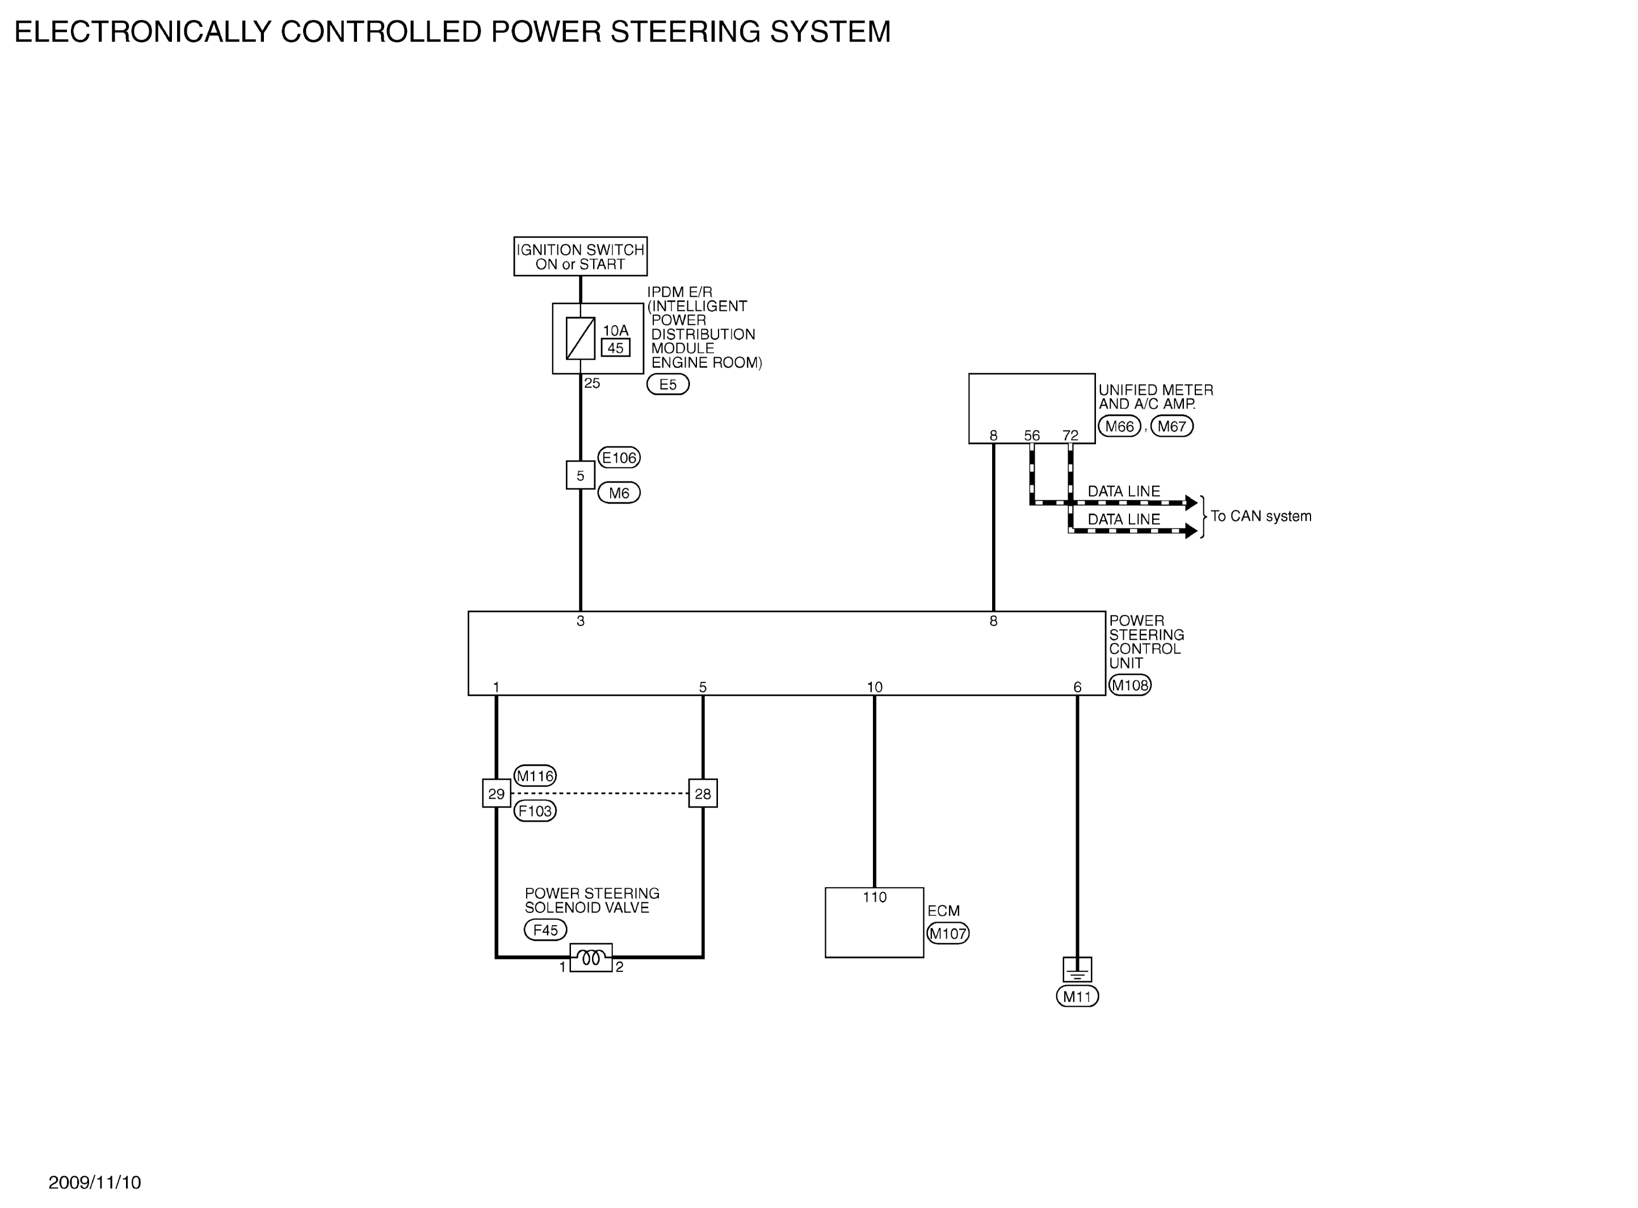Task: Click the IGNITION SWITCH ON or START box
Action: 580,256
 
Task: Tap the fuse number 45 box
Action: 615,348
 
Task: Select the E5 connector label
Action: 668,384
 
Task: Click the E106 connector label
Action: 619,458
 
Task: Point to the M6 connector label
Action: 619,493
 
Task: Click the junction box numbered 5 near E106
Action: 580,475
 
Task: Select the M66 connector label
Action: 1119,426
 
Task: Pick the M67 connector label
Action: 1172,426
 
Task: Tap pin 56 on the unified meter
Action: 1031,435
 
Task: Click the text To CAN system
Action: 1261,516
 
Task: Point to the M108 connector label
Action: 1129,685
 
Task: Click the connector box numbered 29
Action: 496,793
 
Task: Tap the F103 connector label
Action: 535,811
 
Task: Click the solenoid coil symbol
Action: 591,957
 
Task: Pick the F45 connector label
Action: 545,930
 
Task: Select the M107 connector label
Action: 947,933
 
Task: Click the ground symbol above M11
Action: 1077,970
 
